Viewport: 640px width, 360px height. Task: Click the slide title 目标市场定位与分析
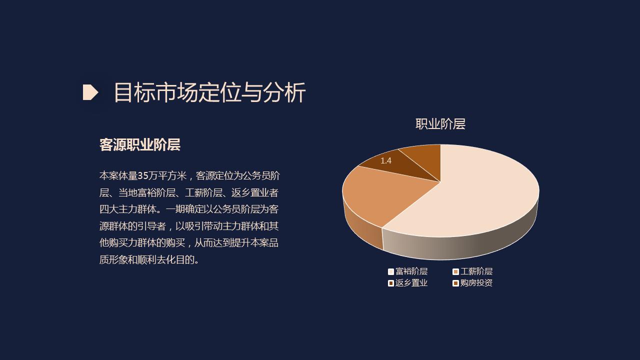209,92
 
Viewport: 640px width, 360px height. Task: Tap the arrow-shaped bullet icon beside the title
90,92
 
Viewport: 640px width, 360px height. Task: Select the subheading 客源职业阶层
139,145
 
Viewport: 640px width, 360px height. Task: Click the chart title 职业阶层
440,124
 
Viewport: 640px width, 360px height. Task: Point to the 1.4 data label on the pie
385,160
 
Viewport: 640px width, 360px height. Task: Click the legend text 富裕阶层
411,271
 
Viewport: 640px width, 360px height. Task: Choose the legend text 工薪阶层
476,271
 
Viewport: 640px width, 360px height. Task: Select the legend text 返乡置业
411,283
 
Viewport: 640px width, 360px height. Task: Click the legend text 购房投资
476,283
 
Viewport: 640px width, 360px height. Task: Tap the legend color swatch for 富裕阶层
391,271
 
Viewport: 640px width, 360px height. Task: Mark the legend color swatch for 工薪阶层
455,271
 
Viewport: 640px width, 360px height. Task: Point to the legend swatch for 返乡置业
391,283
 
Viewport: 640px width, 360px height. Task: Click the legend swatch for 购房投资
455,283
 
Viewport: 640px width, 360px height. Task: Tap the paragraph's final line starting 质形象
149,260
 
